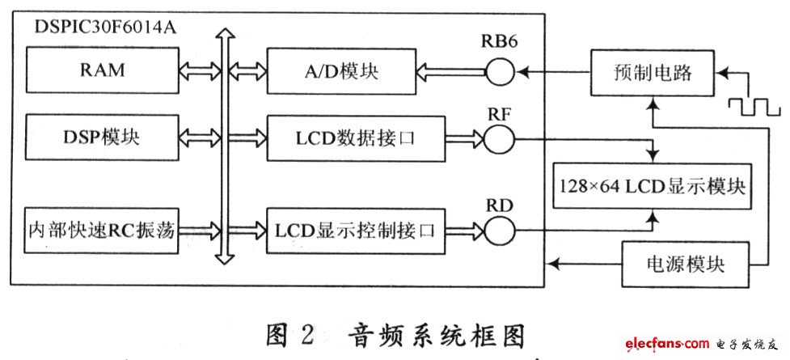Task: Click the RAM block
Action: [x=102, y=70]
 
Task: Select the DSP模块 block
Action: [x=102, y=138]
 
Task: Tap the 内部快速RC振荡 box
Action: [x=102, y=231]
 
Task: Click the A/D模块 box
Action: [x=341, y=71]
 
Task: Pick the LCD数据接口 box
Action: [x=357, y=138]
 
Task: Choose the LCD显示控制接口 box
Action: [x=357, y=231]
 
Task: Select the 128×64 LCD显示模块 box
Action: [x=653, y=186]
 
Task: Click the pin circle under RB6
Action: [x=499, y=72]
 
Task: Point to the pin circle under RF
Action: [x=499, y=138]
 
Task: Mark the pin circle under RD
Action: [x=499, y=231]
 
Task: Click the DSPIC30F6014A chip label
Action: [x=105, y=28]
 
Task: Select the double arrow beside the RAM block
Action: [x=200, y=70]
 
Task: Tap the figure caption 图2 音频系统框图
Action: [x=393, y=335]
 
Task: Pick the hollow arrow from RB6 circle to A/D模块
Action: [x=451, y=72]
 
